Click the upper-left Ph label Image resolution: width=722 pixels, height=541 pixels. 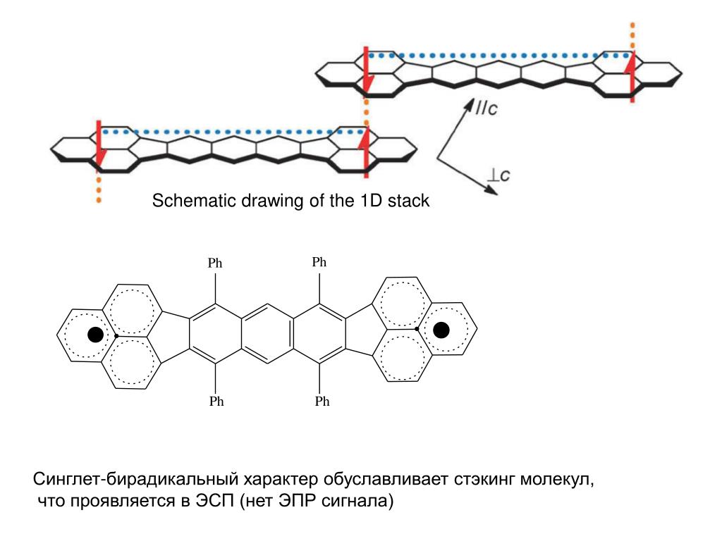coord(215,263)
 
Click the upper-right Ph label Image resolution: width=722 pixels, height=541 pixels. coord(319,262)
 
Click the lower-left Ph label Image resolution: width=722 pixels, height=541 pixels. coord(215,402)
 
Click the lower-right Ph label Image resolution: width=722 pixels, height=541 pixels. coord(322,402)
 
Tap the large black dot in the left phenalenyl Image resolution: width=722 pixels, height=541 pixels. coord(95,335)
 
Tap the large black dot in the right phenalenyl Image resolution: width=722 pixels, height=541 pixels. coord(441,329)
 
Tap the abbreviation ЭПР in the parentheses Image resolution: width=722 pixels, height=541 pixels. coord(300,502)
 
